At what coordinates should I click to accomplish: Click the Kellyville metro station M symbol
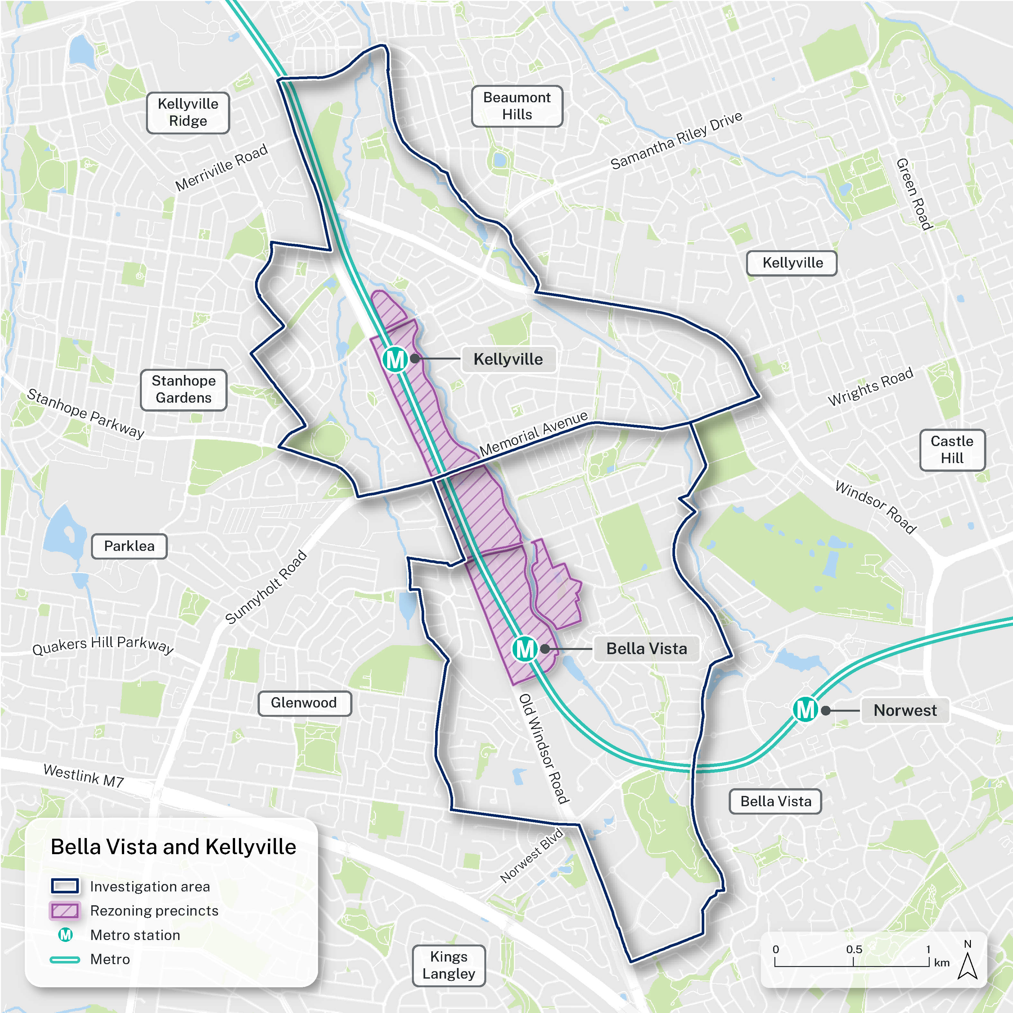tap(395, 360)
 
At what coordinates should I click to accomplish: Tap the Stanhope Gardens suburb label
tap(184, 389)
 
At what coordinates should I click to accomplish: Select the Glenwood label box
tap(304, 703)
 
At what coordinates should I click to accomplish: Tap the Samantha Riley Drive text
tap(676, 141)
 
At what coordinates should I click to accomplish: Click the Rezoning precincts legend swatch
tap(65, 911)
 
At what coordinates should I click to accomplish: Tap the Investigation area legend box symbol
tap(65, 886)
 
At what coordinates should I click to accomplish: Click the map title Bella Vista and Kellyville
tap(173, 847)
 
